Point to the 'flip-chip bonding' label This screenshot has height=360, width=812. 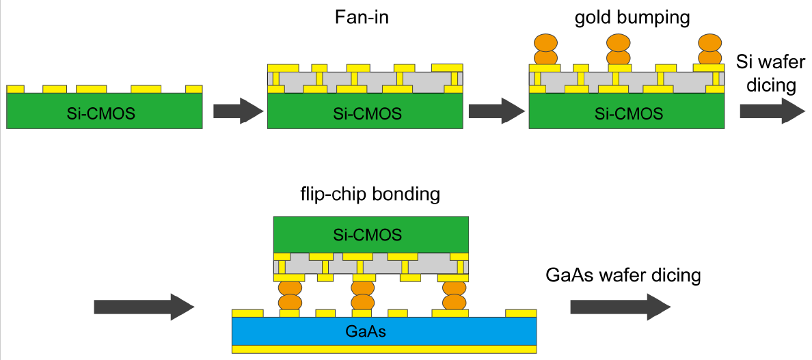pos(370,194)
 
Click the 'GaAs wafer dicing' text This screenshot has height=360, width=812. pos(623,275)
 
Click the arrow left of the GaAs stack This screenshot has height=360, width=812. pos(144,307)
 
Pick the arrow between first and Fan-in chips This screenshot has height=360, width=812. pos(238,111)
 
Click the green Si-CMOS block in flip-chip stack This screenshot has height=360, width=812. pos(371,235)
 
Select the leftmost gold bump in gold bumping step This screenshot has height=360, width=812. pos(545,49)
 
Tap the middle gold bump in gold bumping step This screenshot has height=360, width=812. pos(620,49)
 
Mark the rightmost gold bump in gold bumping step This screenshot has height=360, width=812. pos(710,49)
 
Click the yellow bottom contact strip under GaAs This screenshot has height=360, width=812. pos(384,348)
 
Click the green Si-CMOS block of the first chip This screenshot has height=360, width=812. pos(105,111)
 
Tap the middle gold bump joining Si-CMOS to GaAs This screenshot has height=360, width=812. pos(363,294)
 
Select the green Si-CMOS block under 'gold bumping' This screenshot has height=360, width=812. pos(627,111)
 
